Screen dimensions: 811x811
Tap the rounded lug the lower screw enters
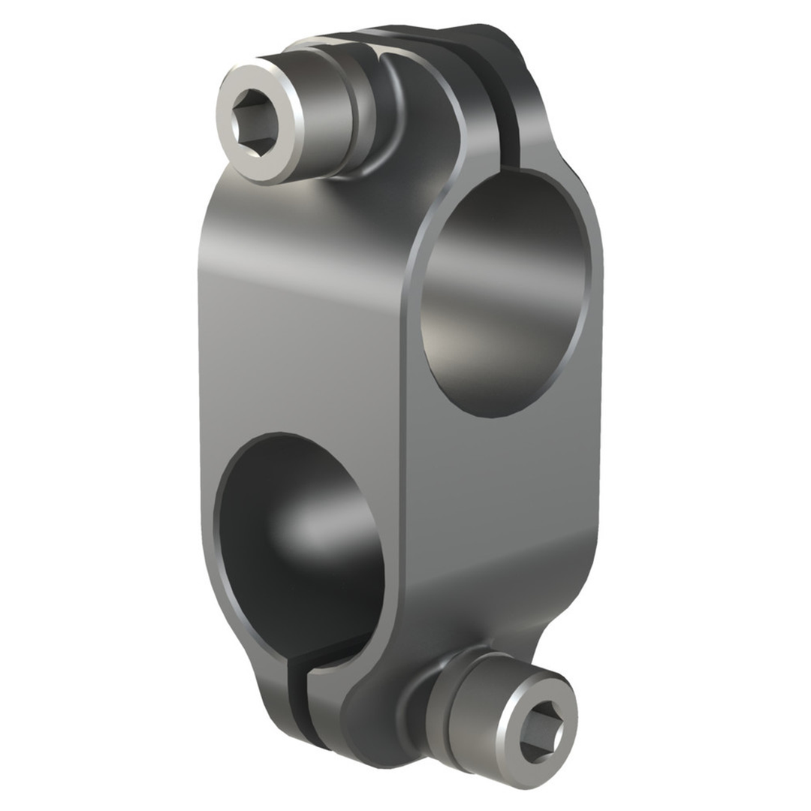tap(375, 721)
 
